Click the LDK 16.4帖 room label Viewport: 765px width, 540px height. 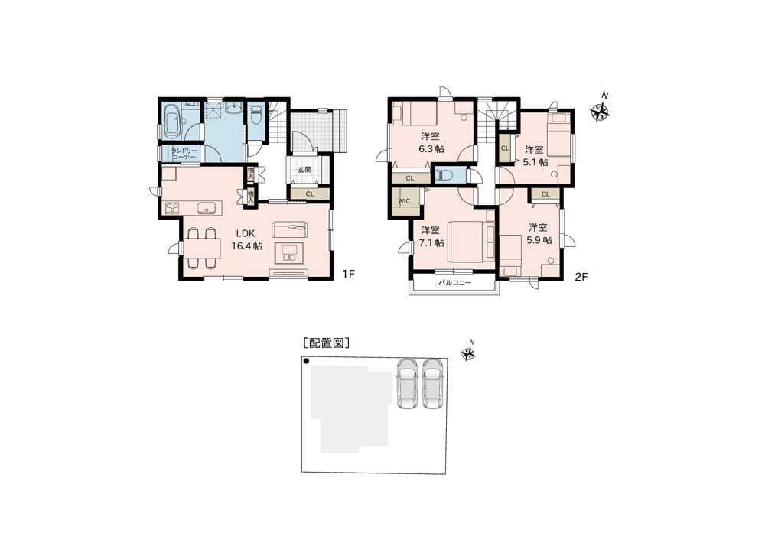[247, 239]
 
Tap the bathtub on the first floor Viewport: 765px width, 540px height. [172, 121]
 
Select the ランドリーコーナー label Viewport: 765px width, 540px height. [184, 153]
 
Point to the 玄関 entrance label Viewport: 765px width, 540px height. [303, 170]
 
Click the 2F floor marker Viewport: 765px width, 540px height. [581, 278]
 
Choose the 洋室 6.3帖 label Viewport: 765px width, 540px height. [429, 142]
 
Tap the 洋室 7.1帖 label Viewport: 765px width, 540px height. [431, 236]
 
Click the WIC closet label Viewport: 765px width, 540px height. [405, 202]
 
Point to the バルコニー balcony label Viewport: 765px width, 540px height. [454, 283]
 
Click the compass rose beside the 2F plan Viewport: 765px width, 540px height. [601, 112]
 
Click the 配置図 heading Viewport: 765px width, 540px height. [327, 343]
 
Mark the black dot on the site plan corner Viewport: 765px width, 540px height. [306, 361]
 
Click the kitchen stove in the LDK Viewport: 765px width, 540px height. [172, 207]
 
